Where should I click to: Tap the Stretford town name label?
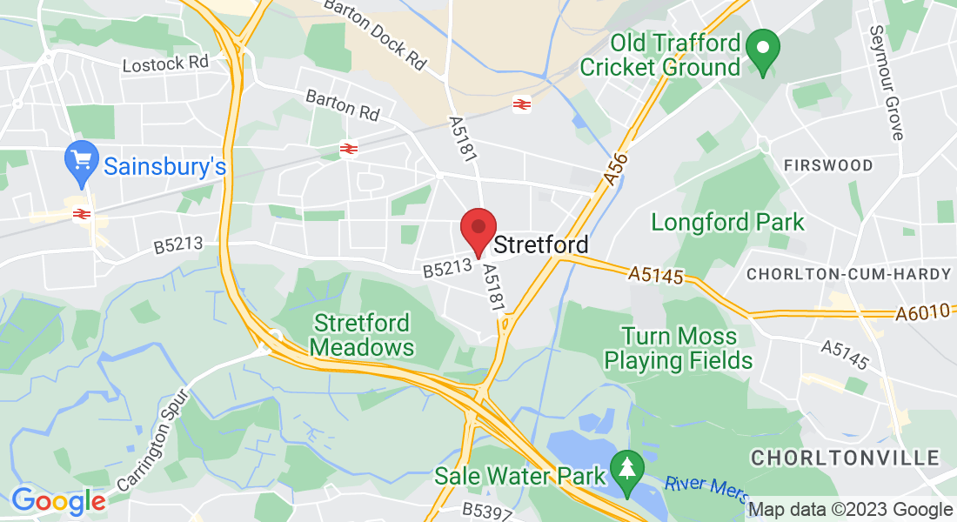[x=540, y=245]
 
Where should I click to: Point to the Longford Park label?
[x=728, y=222]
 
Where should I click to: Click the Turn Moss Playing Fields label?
[x=678, y=348]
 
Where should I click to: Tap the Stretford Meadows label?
[x=362, y=335]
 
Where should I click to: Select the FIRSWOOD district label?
[x=827, y=165]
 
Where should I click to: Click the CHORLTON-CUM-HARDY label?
[x=848, y=274]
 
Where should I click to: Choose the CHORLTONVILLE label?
[x=845, y=458]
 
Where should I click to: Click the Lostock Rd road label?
[x=165, y=64]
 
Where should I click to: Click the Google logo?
[x=57, y=501]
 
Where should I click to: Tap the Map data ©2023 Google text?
[x=850, y=510]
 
